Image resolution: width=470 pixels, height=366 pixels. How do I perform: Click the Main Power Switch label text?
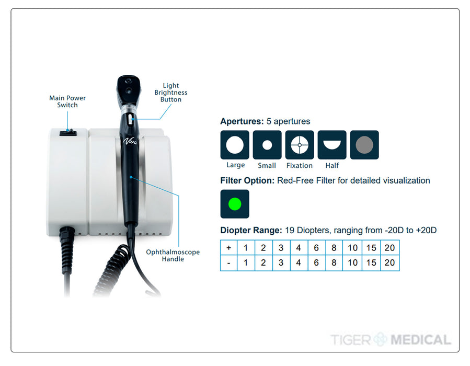[67, 101]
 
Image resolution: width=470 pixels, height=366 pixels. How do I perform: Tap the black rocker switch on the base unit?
[68, 133]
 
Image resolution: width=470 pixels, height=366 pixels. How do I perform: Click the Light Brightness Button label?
[171, 93]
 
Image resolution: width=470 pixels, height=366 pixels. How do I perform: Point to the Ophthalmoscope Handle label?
[173, 256]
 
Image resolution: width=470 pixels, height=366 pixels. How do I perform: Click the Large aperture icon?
[235, 145]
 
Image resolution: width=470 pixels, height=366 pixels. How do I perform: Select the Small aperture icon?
[267, 145]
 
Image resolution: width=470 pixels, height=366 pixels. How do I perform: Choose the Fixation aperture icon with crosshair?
[300, 145]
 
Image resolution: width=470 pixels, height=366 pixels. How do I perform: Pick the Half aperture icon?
[332, 145]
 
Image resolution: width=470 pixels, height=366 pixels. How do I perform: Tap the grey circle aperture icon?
[364, 145]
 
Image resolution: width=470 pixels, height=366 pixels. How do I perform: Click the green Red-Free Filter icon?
[235, 204]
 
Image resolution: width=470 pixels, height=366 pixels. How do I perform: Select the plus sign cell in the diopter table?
[228, 248]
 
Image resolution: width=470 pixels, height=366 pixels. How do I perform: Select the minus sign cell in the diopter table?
[228, 263]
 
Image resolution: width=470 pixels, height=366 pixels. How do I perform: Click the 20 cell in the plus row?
[389, 248]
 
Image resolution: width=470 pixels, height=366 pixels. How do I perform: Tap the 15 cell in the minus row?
[371, 263]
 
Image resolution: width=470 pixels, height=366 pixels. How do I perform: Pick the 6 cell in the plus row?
[316, 248]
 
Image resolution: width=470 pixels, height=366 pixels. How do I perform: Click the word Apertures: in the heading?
[242, 121]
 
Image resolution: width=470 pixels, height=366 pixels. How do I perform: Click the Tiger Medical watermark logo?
[390, 340]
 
